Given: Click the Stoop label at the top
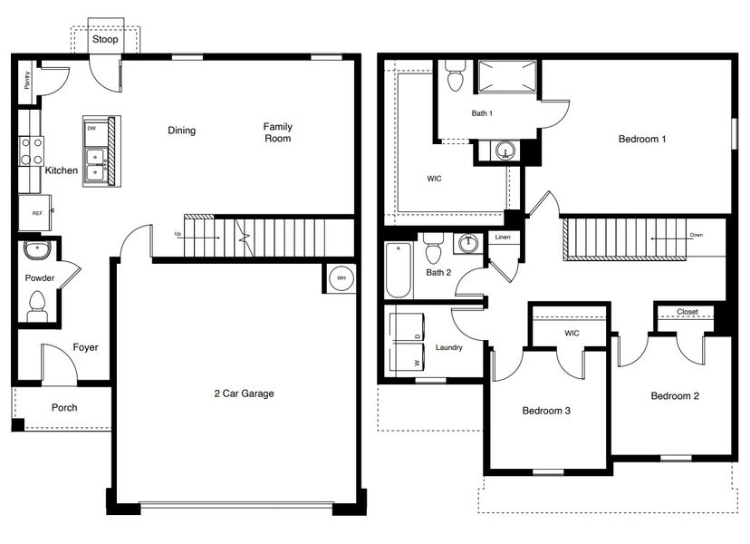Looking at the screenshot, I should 104,39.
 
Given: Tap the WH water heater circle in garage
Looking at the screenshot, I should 341,278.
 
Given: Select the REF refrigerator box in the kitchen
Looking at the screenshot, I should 36,214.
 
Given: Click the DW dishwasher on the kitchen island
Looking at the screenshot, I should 92,129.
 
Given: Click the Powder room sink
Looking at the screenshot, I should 38,249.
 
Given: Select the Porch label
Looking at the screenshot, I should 63,408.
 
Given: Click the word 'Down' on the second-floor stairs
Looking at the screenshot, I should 696,235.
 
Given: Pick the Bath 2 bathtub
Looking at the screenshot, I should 398,270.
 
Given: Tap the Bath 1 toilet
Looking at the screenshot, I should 456,76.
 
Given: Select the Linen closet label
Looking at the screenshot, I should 503,238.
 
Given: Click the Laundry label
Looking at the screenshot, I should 448,347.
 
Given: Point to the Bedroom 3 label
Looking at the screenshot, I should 546,411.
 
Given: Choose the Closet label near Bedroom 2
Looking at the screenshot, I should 687,312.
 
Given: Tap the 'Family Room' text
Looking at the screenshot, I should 277,132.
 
